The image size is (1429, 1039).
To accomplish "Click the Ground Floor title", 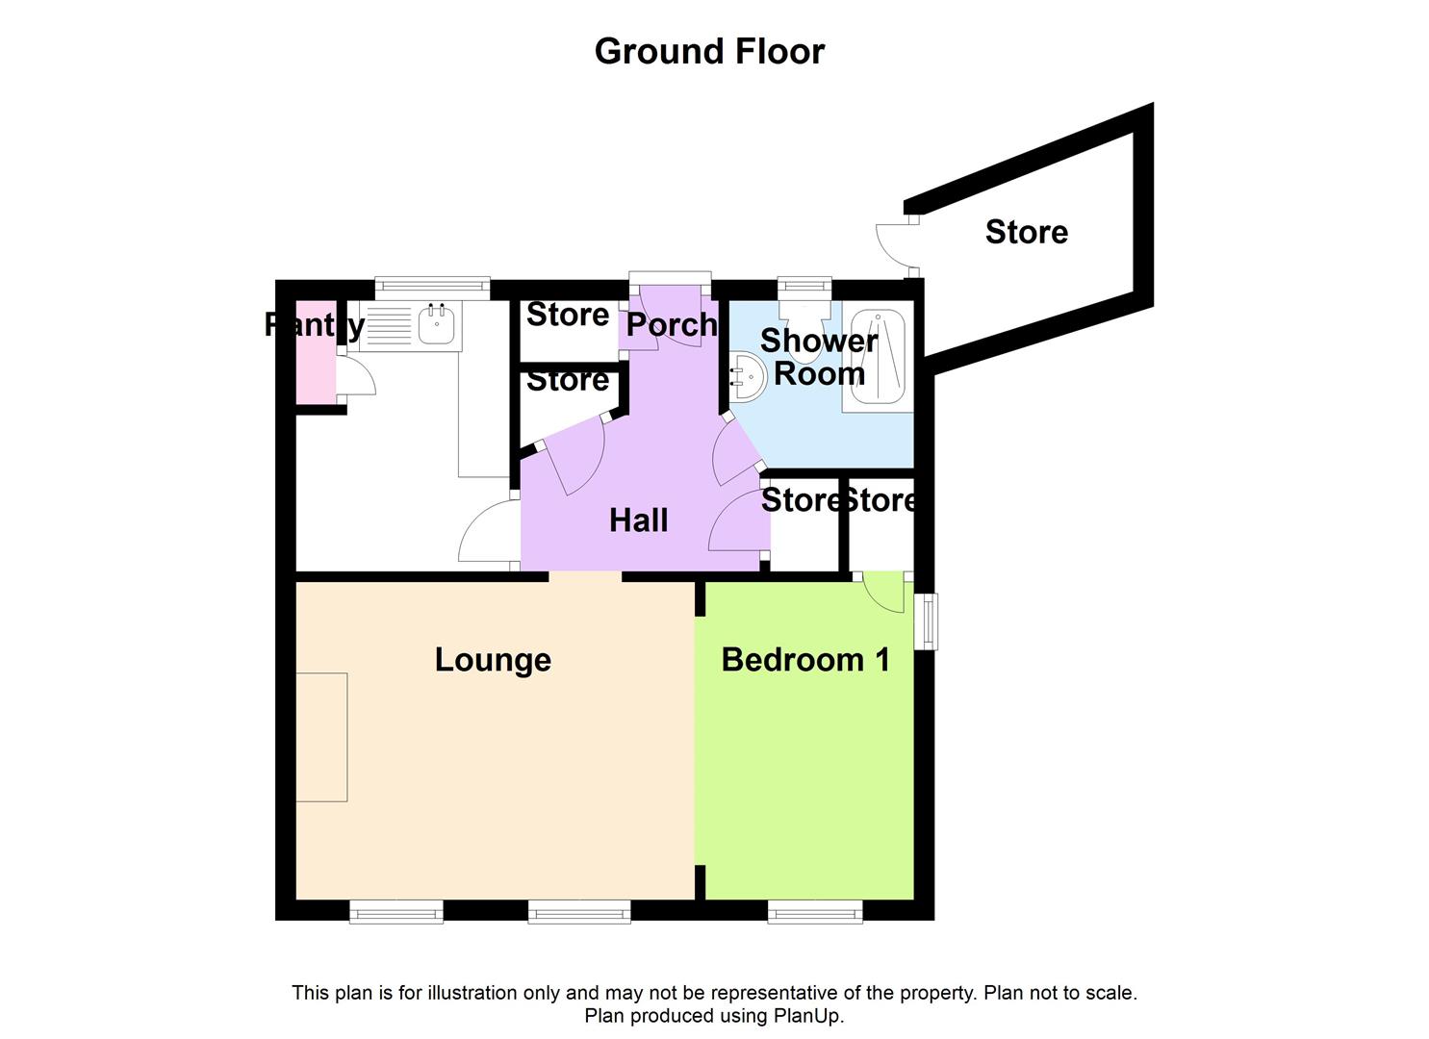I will tap(709, 51).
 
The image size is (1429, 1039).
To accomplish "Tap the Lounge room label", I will tap(493, 660).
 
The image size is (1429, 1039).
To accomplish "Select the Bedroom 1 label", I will tap(804, 660).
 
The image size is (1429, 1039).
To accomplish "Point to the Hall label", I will tap(638, 520).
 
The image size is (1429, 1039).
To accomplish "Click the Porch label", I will tap(671, 325).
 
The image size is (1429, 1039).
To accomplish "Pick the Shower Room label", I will tap(819, 357).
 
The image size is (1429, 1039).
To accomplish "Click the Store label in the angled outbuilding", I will tap(1026, 232).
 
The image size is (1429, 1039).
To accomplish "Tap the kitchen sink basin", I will tap(436, 324).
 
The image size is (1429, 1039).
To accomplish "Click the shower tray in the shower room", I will tap(878, 357).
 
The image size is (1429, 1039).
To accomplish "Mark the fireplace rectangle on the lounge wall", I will tap(321, 737).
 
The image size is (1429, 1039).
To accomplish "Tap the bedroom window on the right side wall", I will tap(926, 621).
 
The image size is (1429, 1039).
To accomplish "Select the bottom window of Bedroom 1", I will tap(815, 911).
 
